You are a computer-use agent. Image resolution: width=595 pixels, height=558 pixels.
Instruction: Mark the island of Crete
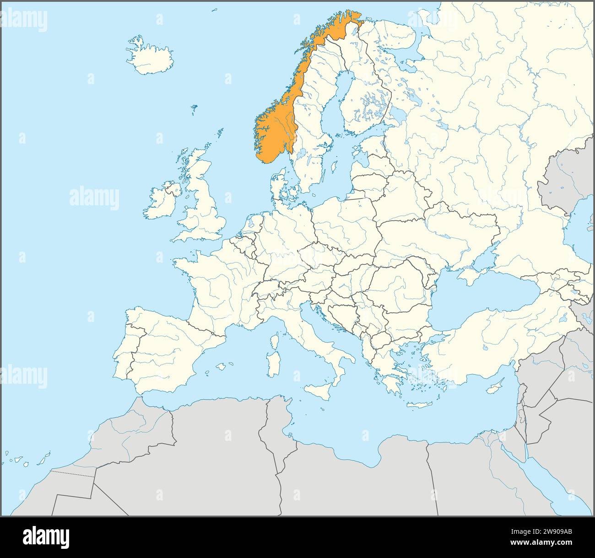coord(419,405)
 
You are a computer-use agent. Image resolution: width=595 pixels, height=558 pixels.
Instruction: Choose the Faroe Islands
coord(195,109)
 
